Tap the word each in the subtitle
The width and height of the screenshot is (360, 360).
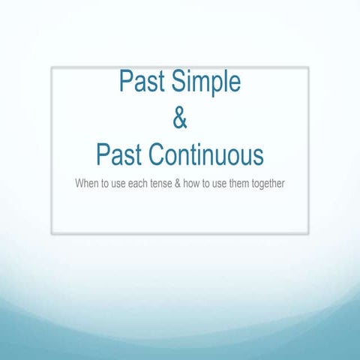(x=138, y=183)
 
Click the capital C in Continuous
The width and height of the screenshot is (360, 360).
(x=154, y=155)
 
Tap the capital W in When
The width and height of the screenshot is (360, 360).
(x=79, y=183)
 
